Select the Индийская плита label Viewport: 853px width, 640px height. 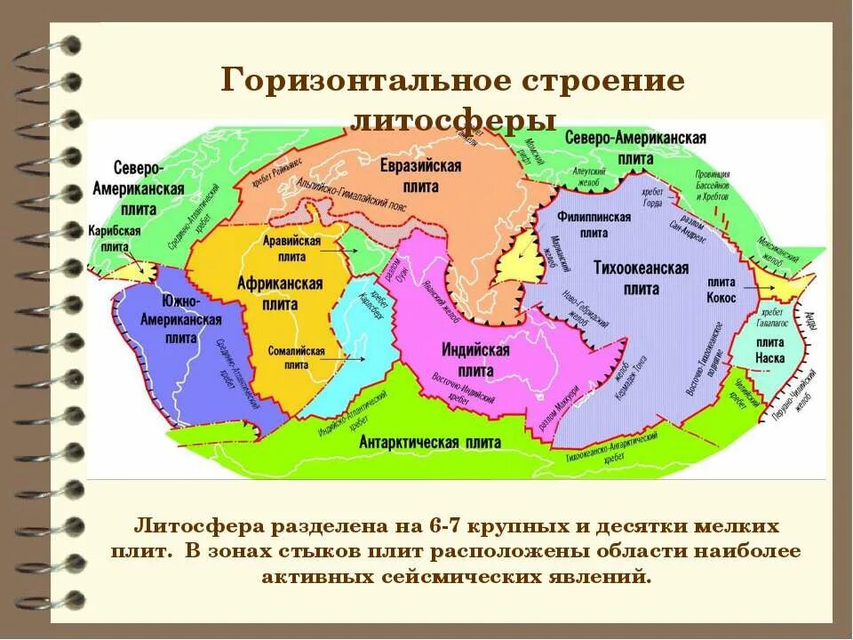475,358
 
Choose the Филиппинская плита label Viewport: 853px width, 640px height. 594,224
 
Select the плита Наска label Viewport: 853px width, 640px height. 769,351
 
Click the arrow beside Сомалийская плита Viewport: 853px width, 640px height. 351,357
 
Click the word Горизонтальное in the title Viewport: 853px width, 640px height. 365,81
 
